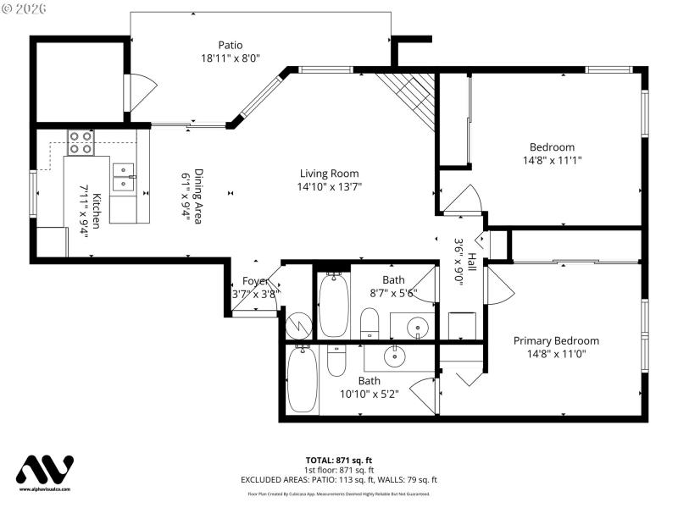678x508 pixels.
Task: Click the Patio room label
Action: tap(230, 45)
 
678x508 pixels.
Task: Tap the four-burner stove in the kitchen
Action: tap(81, 141)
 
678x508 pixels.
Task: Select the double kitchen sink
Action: tap(124, 175)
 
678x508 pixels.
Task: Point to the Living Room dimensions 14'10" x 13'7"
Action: tap(329, 187)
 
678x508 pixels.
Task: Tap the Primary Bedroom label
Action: tap(556, 341)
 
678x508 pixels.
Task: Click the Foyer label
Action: tap(255, 281)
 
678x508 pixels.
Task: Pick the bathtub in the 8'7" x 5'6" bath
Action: tap(333, 305)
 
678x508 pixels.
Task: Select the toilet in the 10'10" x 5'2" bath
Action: tap(336, 362)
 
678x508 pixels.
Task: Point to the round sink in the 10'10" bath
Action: tap(394, 356)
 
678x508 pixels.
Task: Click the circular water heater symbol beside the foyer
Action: tap(298, 325)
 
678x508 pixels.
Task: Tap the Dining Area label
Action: tap(198, 196)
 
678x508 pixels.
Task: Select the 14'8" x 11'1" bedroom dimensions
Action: tap(552, 159)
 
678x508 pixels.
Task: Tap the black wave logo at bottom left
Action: tap(46, 470)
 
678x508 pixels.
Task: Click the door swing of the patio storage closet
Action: tap(139, 91)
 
